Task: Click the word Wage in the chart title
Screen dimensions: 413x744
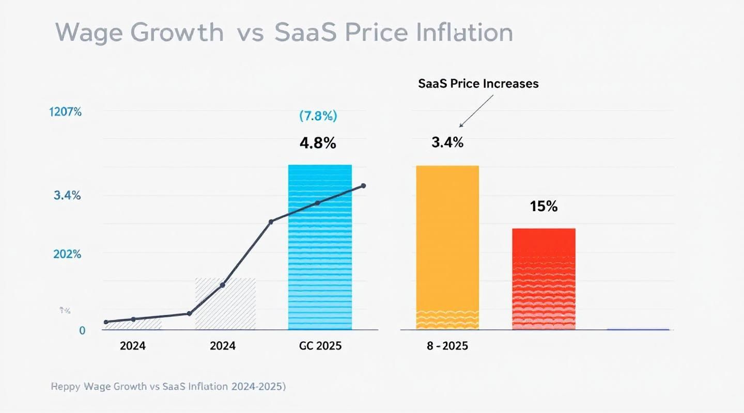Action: pyautogui.click(x=91, y=33)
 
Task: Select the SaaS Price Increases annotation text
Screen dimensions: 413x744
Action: pyautogui.click(x=478, y=84)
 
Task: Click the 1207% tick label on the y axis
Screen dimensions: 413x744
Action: pyautogui.click(x=66, y=112)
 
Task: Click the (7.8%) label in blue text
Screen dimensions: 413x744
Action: pyautogui.click(x=318, y=116)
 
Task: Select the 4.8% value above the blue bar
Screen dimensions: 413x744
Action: pyautogui.click(x=318, y=143)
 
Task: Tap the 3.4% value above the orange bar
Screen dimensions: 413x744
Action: pyautogui.click(x=447, y=143)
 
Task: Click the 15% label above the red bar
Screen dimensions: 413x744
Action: pyautogui.click(x=544, y=206)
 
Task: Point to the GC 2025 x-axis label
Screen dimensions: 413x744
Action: pyautogui.click(x=320, y=346)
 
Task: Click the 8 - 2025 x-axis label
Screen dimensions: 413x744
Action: pyautogui.click(x=447, y=346)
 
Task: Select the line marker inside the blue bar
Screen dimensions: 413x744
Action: pyautogui.click(x=317, y=203)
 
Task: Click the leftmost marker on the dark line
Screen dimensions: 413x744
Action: pyautogui.click(x=106, y=322)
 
